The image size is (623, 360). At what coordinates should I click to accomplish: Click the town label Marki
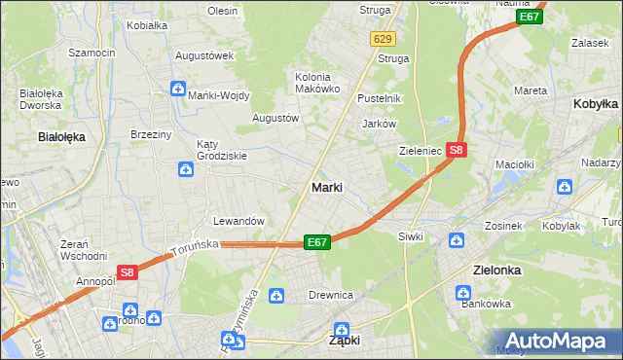click(326, 187)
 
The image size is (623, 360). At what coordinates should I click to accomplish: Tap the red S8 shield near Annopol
click(128, 274)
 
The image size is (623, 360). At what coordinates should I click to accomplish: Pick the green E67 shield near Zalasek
click(529, 18)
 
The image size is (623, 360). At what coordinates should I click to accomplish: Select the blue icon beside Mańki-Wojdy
click(177, 90)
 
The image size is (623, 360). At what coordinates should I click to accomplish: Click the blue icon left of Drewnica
click(276, 295)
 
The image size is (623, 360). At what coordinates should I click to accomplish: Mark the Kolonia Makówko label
click(317, 83)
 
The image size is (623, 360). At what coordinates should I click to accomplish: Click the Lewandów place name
click(239, 221)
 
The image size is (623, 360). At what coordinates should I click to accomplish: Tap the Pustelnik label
click(380, 98)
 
